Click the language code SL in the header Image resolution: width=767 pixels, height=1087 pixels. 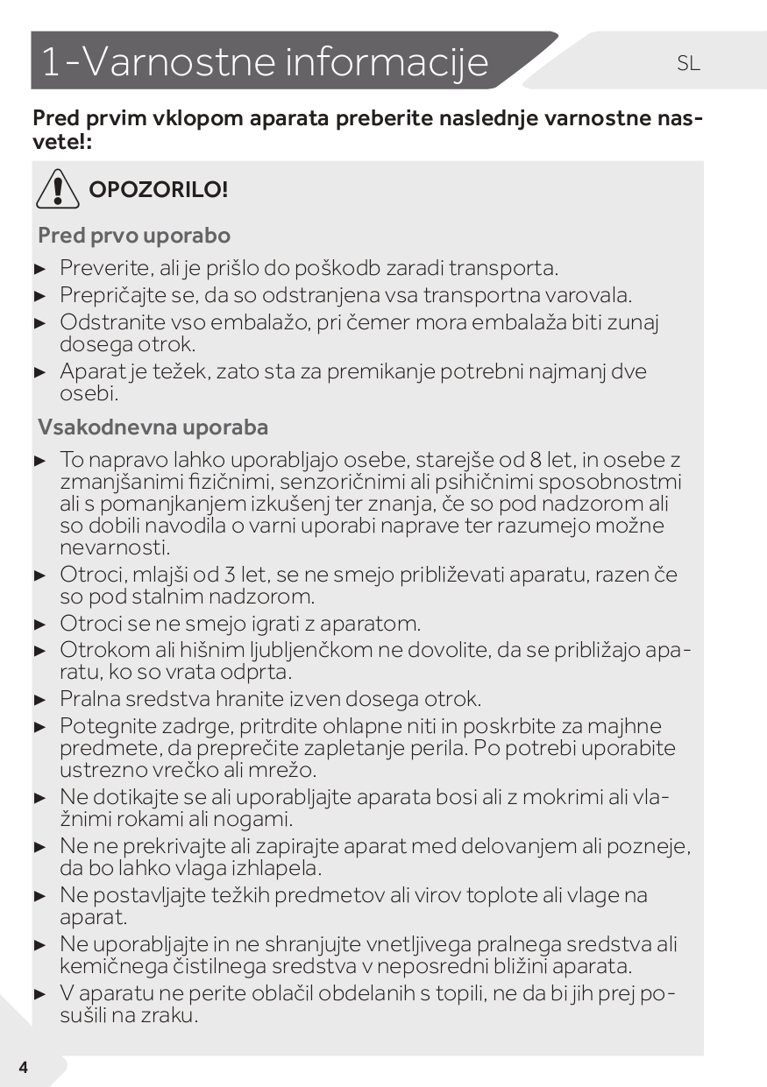689,63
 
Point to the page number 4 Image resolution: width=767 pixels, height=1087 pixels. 23,1067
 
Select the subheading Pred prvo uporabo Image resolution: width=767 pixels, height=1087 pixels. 134,236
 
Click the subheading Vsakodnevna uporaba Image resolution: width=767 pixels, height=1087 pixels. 153,427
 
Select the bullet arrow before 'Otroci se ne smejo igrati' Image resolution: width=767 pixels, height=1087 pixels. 39,625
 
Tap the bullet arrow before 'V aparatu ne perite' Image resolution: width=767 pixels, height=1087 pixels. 39,994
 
